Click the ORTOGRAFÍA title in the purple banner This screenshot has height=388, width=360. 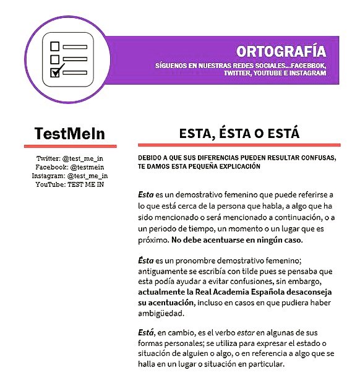click(x=280, y=51)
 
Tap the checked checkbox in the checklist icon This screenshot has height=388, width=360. click(x=55, y=72)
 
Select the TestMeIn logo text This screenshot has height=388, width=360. click(x=69, y=134)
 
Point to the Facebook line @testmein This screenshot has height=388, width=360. click(x=70, y=168)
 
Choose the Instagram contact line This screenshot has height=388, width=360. click(x=70, y=176)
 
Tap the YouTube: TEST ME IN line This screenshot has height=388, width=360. click(x=70, y=184)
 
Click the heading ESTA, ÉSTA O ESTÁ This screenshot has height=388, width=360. click(x=239, y=134)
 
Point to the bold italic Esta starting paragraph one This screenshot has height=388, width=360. click(x=145, y=194)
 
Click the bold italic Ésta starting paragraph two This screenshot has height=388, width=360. click(x=146, y=261)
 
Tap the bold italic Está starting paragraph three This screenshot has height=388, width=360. click(x=146, y=332)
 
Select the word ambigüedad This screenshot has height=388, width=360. click(x=164, y=313)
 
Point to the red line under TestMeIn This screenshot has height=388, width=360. click(x=70, y=146)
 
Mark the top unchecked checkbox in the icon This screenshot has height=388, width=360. click(x=54, y=46)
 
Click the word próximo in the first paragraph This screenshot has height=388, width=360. click(x=154, y=239)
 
